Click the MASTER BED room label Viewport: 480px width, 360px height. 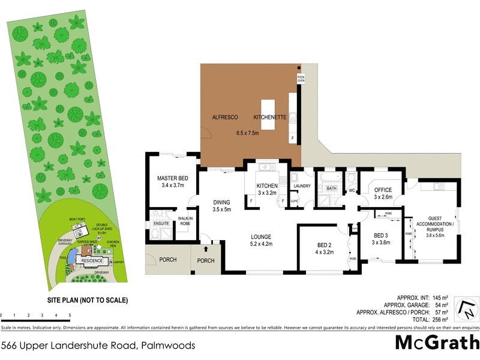173,178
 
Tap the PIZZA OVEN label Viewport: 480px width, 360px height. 301,79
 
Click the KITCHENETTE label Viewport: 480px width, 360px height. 270,117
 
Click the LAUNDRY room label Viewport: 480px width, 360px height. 302,186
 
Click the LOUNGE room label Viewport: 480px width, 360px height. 262,236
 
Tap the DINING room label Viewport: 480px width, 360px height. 222,202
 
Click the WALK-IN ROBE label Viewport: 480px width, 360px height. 184,220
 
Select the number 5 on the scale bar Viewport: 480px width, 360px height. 70,315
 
